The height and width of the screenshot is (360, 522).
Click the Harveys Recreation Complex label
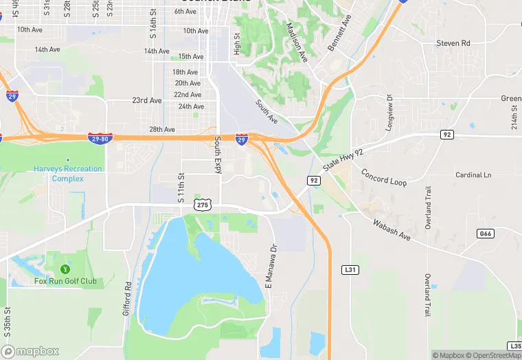click(68, 174)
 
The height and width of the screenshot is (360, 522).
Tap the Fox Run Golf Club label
click(65, 281)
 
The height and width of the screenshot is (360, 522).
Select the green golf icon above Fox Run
click(65, 268)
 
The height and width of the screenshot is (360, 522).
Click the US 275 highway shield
click(202, 205)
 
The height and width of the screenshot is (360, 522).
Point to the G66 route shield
click(485, 234)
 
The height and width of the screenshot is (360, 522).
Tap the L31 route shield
click(350, 270)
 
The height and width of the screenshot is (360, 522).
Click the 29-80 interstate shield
click(100, 139)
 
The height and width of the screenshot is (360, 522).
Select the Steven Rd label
click(453, 43)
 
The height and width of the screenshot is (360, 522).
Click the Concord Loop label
click(384, 177)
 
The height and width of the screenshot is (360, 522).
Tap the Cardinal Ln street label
click(473, 175)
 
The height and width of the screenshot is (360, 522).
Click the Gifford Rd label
click(128, 295)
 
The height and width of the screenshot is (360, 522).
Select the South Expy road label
click(218, 155)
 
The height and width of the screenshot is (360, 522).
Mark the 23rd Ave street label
click(147, 100)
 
